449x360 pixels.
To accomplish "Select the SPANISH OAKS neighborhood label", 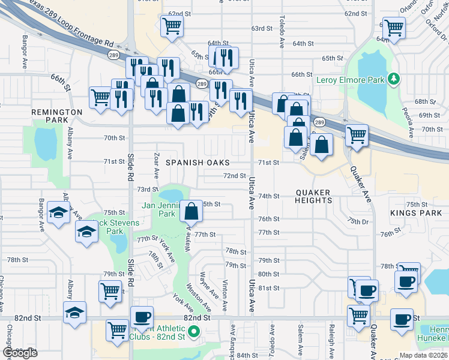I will coord(198,163).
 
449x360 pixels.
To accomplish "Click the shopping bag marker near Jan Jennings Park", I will coord(191,212).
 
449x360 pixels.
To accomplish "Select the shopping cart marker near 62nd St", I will coord(172,26).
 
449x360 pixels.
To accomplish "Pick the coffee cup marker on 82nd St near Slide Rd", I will coord(142,317).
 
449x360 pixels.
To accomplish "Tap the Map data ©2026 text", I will coord(423,355).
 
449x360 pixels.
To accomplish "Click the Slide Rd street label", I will coord(129,166).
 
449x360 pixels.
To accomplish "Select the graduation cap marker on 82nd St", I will coord(75,313).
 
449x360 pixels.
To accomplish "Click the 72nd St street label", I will coord(235,176).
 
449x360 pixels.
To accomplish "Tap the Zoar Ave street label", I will coord(156,166).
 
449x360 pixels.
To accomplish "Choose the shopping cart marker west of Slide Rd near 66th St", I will coord(100,97).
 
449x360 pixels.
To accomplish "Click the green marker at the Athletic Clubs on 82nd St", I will coord(193,331).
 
